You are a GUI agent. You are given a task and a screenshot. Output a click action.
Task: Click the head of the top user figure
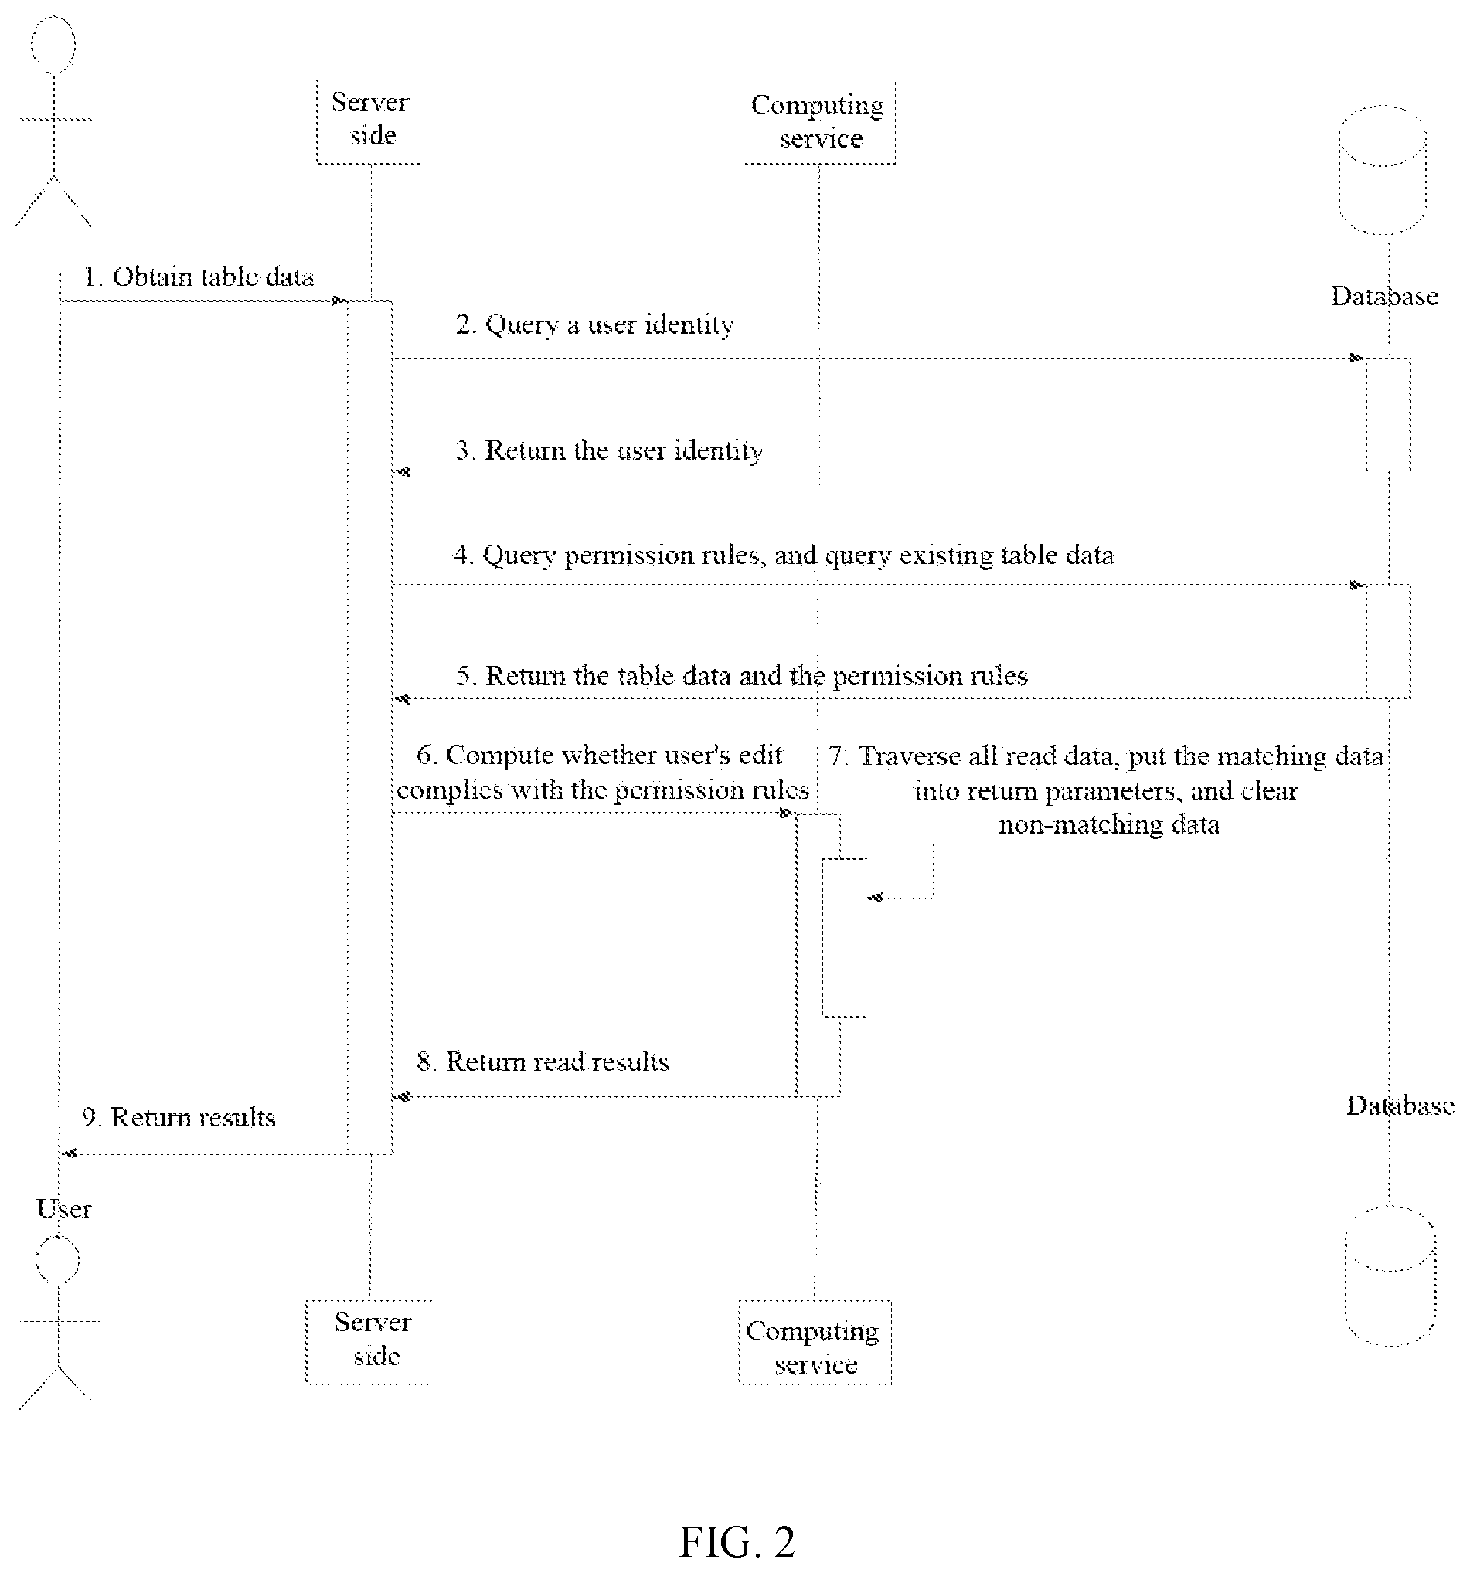[54, 44]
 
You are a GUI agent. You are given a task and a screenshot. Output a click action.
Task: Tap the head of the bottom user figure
[58, 1259]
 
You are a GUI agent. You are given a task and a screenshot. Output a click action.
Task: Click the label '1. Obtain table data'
[199, 277]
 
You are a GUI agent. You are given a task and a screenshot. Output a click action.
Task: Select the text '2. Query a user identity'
[594, 324]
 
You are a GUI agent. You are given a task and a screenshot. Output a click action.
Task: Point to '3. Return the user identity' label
[610, 450]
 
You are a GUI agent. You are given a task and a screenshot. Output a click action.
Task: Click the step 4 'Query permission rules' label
[784, 555]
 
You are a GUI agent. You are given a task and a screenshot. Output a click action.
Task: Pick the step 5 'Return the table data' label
[742, 676]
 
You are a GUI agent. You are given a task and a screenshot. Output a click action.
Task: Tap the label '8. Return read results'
[543, 1061]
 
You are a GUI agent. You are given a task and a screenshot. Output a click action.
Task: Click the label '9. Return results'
[178, 1117]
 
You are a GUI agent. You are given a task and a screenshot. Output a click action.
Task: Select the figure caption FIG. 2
[737, 1541]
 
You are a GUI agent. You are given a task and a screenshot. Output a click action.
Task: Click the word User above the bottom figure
[63, 1209]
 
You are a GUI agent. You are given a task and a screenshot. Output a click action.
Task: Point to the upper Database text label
[1383, 296]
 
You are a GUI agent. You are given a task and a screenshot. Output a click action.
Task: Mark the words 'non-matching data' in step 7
[1108, 824]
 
